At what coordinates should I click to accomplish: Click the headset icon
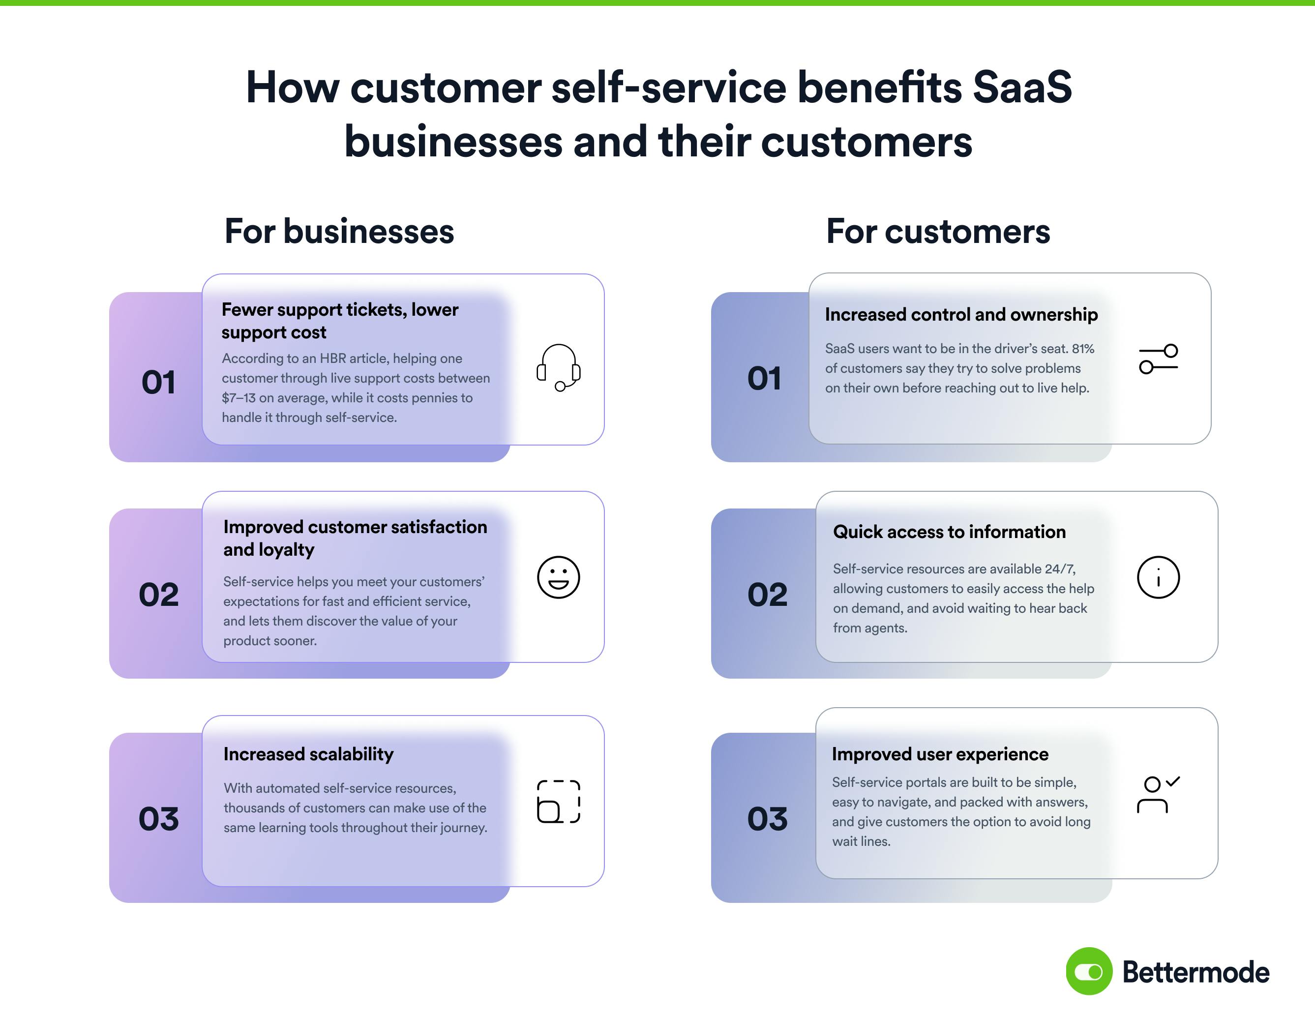(x=558, y=367)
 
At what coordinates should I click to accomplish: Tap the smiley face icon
(x=558, y=577)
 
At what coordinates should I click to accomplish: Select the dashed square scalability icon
(x=558, y=801)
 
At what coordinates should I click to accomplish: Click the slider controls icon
(x=1158, y=359)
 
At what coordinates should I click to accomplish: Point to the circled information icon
(x=1158, y=577)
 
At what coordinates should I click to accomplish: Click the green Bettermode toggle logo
(x=1089, y=971)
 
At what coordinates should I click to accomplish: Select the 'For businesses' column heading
(x=339, y=231)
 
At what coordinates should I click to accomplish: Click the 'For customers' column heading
(x=937, y=231)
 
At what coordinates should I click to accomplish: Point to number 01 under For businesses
(x=158, y=383)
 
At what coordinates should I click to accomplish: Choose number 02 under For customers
(x=767, y=595)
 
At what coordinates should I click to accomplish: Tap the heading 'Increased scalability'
(x=308, y=754)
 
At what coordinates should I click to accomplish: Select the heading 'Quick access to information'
(x=949, y=532)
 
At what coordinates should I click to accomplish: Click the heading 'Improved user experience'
(x=940, y=754)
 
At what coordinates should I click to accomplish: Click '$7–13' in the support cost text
(x=239, y=398)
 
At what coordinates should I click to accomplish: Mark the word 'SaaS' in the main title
(x=1022, y=88)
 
